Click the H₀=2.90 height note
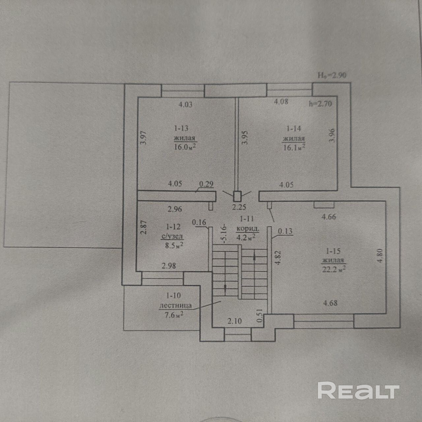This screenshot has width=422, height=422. pos(332,75)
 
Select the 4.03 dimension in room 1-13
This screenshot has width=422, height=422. pos(185,105)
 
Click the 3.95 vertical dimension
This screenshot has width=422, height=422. pos(245,138)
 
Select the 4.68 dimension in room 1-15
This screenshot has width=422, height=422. pos(330,302)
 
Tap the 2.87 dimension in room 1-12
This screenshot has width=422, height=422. pos(143,227)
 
